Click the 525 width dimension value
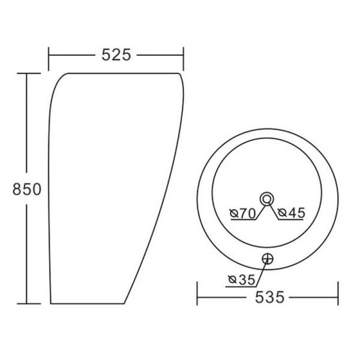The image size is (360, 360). (x=116, y=55)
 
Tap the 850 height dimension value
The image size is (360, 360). (x=27, y=189)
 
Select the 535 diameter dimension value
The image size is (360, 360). (x=270, y=297)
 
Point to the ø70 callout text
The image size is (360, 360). (x=242, y=213)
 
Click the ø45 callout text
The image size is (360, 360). (x=292, y=213)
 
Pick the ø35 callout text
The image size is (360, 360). (x=242, y=280)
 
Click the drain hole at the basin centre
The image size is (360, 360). (x=266, y=199)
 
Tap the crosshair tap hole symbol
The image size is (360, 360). (x=268, y=259)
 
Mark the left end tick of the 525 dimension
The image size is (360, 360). (x=49, y=59)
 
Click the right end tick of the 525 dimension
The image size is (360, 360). (x=183, y=59)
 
